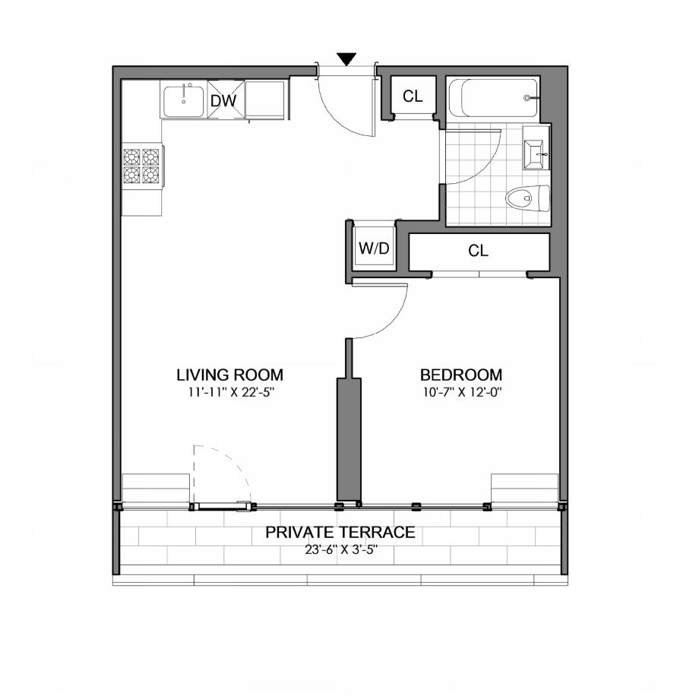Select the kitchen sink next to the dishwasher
(183, 100)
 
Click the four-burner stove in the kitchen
(142, 166)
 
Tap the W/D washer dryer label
(373, 248)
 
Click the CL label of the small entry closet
(413, 96)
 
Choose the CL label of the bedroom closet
(478, 252)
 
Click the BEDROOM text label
(461, 375)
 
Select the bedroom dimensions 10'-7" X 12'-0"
(461, 393)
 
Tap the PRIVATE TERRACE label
(340, 532)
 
